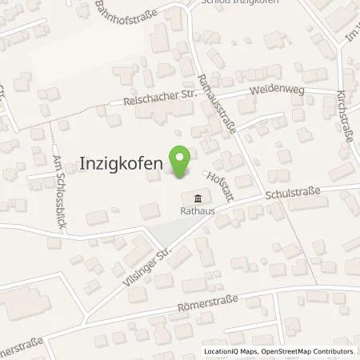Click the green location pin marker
click(x=181, y=161)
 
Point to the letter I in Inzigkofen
click(x=84, y=162)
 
